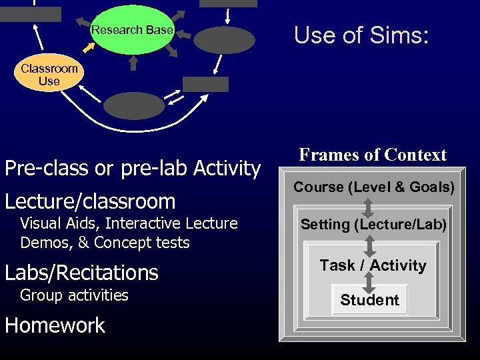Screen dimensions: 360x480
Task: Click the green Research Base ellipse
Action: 132,29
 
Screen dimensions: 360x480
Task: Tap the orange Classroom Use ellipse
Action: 49,75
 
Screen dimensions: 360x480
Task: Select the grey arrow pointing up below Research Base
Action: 133,63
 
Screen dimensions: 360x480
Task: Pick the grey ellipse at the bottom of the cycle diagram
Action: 133,106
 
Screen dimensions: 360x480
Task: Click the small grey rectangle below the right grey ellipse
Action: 205,84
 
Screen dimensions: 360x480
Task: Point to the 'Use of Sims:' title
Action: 361,35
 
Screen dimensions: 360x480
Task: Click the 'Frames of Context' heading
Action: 373,155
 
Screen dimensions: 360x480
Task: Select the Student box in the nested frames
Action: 369,300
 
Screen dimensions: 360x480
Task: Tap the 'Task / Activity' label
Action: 373,265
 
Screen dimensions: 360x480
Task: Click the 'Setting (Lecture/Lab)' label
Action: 373,225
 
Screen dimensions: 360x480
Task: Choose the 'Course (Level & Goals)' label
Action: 374,187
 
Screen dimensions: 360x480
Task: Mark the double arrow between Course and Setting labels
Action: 368,206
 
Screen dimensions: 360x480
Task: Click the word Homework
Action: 55,325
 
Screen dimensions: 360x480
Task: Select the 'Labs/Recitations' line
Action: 81,272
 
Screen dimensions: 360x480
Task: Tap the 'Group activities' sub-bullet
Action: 74,295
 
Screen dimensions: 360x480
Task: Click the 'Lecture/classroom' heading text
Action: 90,201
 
